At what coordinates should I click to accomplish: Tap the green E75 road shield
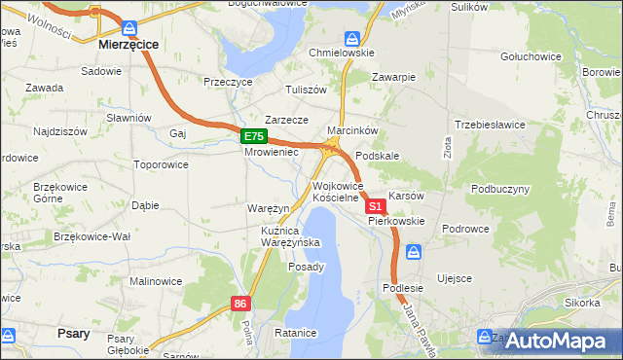click(253, 137)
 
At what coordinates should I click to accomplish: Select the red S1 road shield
click(376, 207)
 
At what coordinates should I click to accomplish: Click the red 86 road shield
click(241, 305)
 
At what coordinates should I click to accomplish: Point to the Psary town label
click(75, 334)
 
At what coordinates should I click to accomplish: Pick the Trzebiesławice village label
click(491, 126)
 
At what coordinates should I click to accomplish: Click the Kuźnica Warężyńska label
click(284, 236)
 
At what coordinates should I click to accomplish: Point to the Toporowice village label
click(161, 164)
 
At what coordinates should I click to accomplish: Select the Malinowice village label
click(156, 281)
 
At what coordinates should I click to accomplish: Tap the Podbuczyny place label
click(500, 189)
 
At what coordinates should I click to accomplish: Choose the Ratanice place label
click(296, 334)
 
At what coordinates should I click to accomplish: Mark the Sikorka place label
click(581, 303)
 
